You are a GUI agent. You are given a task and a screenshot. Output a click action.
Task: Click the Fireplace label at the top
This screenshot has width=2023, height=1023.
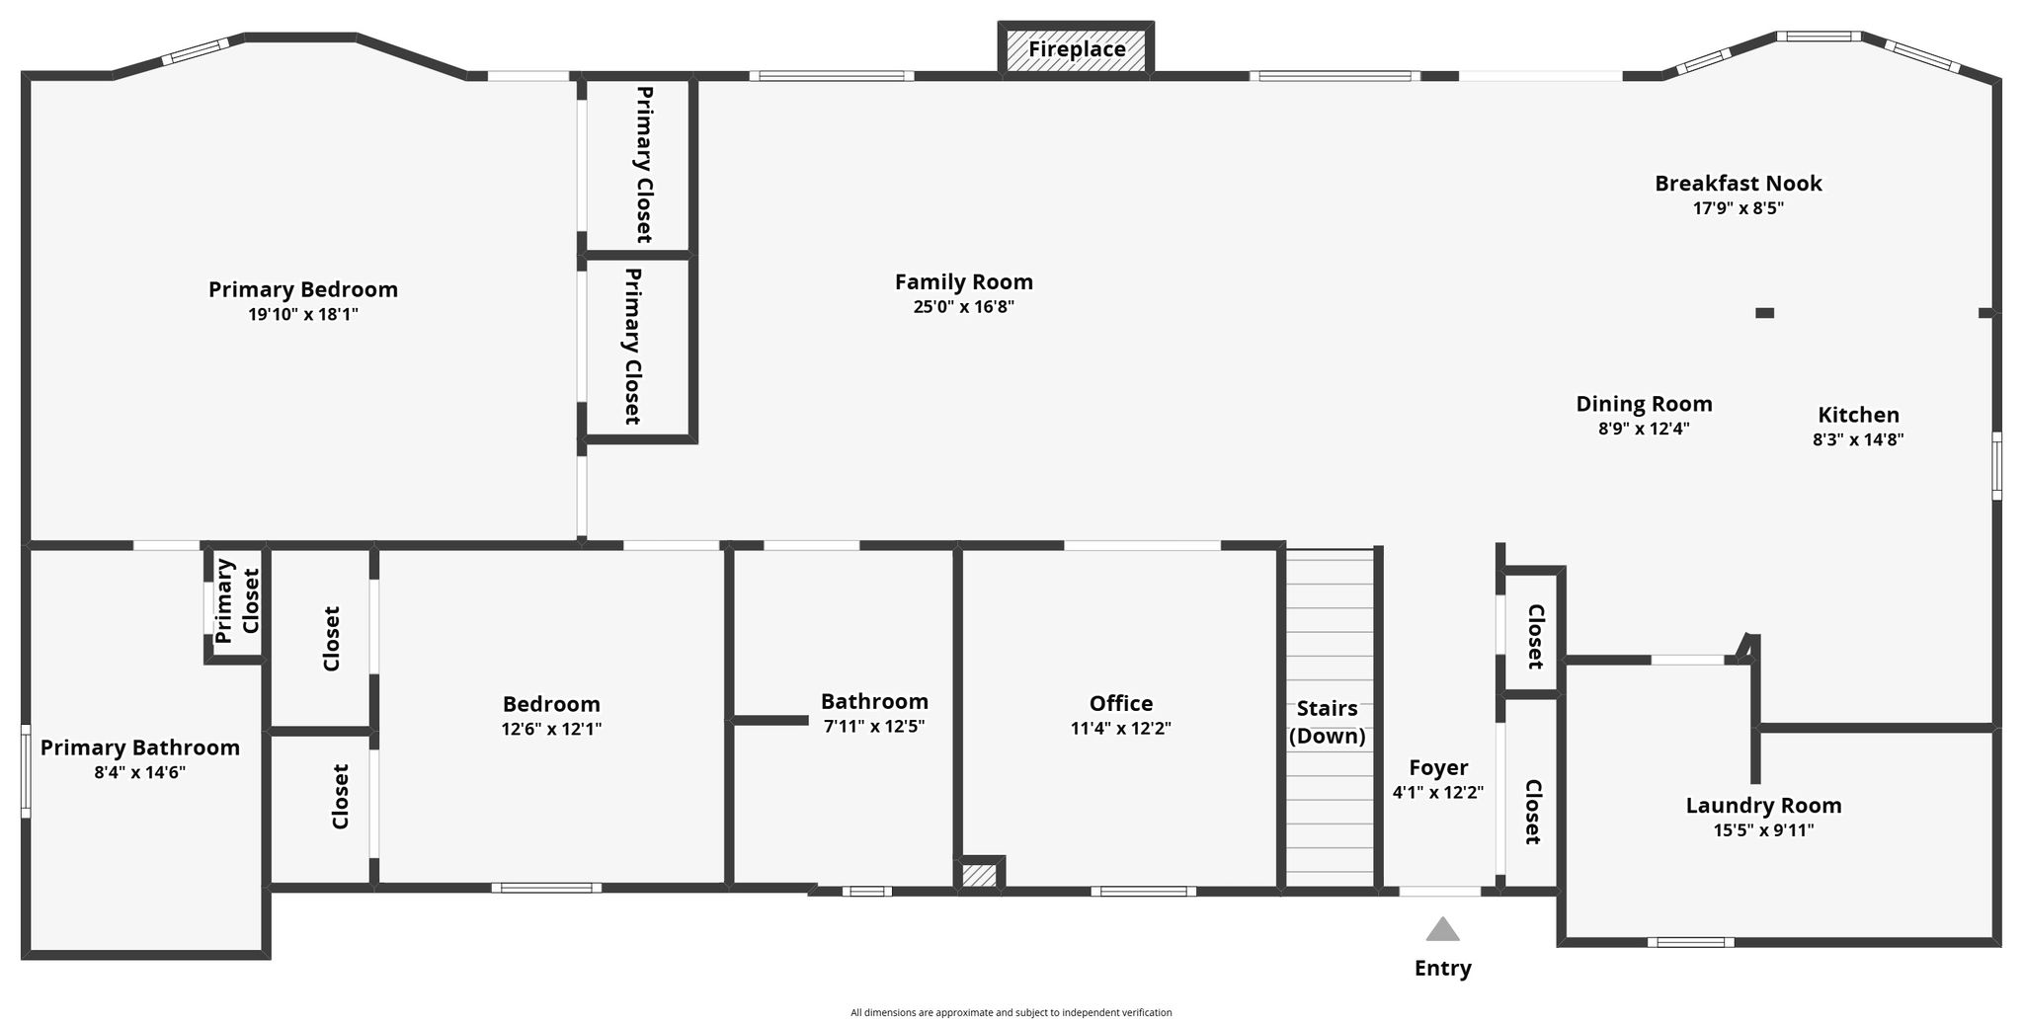coord(1077,49)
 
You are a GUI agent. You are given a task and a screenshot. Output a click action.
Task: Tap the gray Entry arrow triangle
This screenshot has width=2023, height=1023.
coord(1442,929)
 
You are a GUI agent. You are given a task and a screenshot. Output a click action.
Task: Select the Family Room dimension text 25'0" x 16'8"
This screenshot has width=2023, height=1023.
coord(963,307)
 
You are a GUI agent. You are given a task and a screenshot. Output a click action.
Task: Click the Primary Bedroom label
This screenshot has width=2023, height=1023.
coord(303,290)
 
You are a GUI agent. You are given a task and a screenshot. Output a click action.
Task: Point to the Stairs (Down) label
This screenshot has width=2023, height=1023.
coord(1327,722)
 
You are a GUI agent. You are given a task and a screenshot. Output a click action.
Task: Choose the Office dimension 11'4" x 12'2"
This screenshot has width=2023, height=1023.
coord(1121,729)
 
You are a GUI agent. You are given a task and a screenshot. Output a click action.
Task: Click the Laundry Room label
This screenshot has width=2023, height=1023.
coord(1763,806)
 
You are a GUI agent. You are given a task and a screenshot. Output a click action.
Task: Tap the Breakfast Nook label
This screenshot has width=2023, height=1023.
coord(1739,183)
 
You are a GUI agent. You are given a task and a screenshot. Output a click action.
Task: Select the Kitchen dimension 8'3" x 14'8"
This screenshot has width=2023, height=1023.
coord(1858,440)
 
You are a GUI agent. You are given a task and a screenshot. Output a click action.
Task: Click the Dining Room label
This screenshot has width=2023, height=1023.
coord(1644,404)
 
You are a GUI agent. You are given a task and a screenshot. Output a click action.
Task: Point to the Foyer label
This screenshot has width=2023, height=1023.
coord(1438,767)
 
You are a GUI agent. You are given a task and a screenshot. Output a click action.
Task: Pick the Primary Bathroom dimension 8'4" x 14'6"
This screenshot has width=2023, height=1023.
coord(140,773)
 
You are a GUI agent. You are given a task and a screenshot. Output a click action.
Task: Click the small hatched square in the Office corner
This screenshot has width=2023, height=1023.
coord(979,876)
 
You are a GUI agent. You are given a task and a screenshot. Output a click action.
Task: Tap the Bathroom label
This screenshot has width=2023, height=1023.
coord(874,701)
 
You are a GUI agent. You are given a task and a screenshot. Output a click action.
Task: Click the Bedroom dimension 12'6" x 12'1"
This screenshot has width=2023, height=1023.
coord(551,730)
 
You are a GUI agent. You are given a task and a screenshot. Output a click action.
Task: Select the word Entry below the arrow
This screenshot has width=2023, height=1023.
coord(1442,969)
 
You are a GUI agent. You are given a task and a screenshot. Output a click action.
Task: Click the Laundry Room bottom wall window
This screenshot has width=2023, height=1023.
coord(1690,942)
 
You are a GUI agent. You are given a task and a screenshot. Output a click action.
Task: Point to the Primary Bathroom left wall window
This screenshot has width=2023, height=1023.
coord(26,772)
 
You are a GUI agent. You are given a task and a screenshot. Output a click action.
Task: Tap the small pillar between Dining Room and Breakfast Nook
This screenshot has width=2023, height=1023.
coord(1764,313)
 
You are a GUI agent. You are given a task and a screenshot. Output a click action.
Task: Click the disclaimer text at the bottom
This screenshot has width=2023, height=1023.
coord(1011,1012)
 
